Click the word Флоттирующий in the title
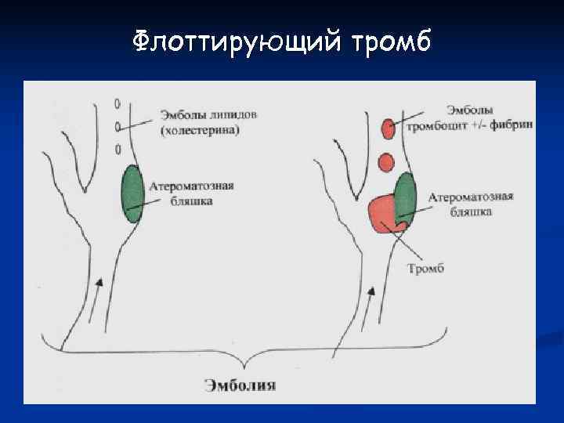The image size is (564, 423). tap(232, 39)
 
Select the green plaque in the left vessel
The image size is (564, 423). tap(132, 193)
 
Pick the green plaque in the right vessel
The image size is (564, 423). tap(404, 197)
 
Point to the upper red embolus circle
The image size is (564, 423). tap(387, 127)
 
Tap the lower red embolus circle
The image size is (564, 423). tap(385, 162)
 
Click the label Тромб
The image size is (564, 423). tap(425, 269)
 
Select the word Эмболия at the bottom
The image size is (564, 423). tap(240, 385)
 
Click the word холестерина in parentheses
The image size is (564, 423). tap(200, 130)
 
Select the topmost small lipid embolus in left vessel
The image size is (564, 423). tap(117, 103)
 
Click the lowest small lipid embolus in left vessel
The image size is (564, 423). tap(117, 149)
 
